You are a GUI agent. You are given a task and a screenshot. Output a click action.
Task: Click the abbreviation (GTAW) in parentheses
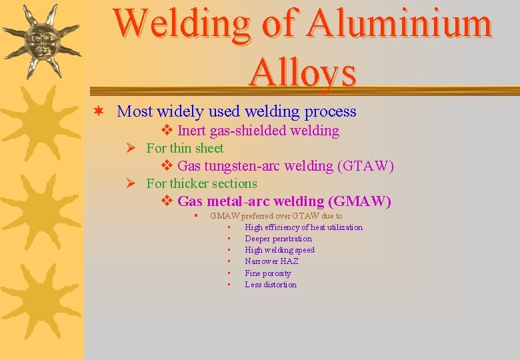366,166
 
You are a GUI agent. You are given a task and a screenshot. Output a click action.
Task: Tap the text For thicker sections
201,183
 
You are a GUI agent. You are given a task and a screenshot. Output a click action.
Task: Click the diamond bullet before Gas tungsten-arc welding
167,166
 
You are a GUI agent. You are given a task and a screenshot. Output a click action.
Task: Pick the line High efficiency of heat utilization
303,227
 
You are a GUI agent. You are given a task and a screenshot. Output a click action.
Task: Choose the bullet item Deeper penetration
278,239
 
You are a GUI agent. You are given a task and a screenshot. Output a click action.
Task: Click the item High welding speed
279,250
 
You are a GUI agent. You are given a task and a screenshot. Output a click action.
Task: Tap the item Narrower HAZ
271,261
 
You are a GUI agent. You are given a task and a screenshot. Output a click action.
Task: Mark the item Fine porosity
268,273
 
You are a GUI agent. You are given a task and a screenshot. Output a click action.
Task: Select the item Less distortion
271,285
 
